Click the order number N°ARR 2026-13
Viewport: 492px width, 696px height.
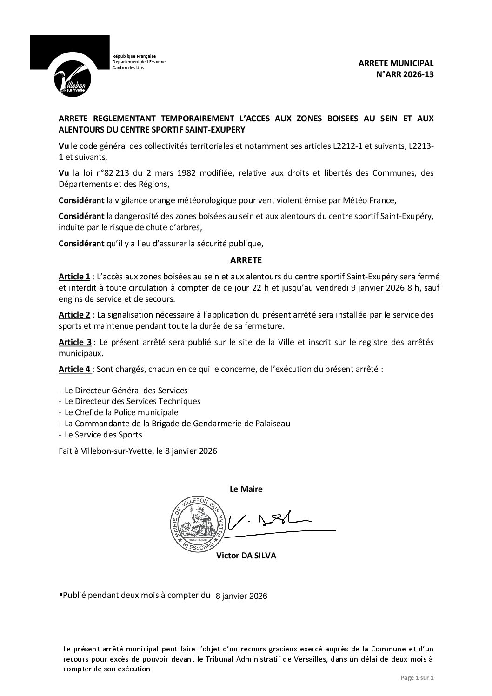(x=404, y=74)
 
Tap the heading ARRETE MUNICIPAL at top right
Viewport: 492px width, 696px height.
(x=396, y=64)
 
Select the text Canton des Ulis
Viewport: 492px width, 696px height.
(x=128, y=68)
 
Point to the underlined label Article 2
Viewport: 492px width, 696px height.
(x=74, y=315)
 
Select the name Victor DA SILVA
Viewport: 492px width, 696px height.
(x=246, y=556)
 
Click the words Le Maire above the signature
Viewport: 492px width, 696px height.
(x=246, y=489)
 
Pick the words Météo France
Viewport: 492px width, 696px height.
(x=371, y=201)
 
